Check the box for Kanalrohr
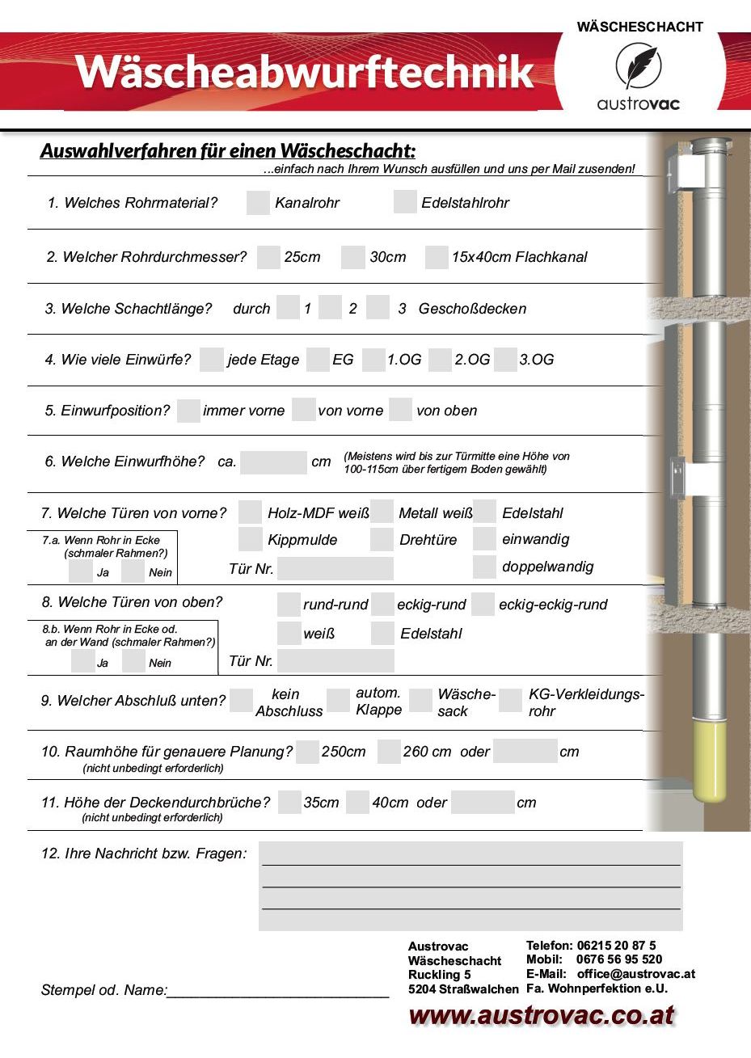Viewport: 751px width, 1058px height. (x=258, y=203)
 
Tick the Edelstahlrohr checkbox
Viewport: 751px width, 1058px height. (x=405, y=202)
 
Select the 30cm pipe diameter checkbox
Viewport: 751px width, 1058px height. (x=352, y=257)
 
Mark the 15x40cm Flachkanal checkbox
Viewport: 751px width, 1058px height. (x=437, y=257)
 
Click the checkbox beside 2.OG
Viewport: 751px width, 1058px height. (x=440, y=360)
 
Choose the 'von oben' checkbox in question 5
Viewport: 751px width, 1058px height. (x=400, y=410)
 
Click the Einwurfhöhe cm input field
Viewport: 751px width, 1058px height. (x=273, y=462)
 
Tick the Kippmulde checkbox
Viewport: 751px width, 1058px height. (x=251, y=539)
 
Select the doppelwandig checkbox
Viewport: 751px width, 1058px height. (x=484, y=567)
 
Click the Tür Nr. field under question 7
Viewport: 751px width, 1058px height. (x=335, y=568)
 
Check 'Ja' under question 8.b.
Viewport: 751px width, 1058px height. (x=82, y=661)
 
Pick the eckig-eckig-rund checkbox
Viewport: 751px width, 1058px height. (x=483, y=605)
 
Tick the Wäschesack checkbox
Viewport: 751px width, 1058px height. (x=420, y=701)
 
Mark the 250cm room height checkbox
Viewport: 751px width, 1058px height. (x=307, y=752)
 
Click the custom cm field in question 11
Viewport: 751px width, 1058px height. (x=482, y=803)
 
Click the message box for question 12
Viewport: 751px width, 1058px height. (x=470, y=886)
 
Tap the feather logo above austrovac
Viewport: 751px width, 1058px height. (x=637, y=66)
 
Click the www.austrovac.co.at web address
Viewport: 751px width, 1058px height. (x=542, y=1016)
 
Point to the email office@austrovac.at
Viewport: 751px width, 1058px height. (x=635, y=974)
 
